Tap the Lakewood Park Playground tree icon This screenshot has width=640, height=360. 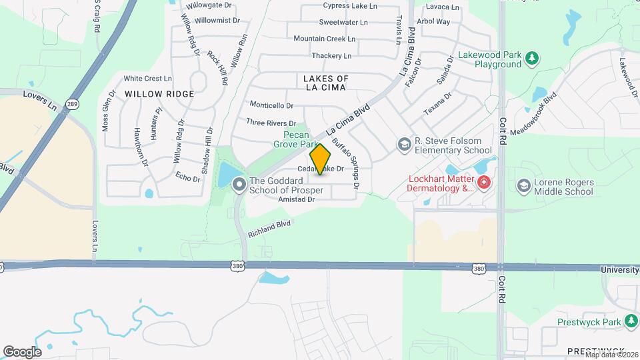(532, 59)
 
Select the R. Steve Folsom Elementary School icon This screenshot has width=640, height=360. (403, 144)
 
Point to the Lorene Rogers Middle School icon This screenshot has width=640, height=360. (523, 185)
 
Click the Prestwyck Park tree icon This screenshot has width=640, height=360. (631, 322)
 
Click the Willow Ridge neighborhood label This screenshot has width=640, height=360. (159, 94)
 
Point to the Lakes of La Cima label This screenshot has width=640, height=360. (326, 83)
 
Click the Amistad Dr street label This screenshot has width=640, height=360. (297, 199)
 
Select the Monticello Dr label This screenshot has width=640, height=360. (271, 105)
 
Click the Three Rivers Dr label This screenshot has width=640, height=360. (271, 123)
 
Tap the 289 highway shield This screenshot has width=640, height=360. (71, 104)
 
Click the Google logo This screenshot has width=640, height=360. (22, 351)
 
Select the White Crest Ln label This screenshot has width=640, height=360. (143, 78)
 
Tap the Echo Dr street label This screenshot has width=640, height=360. (187, 177)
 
